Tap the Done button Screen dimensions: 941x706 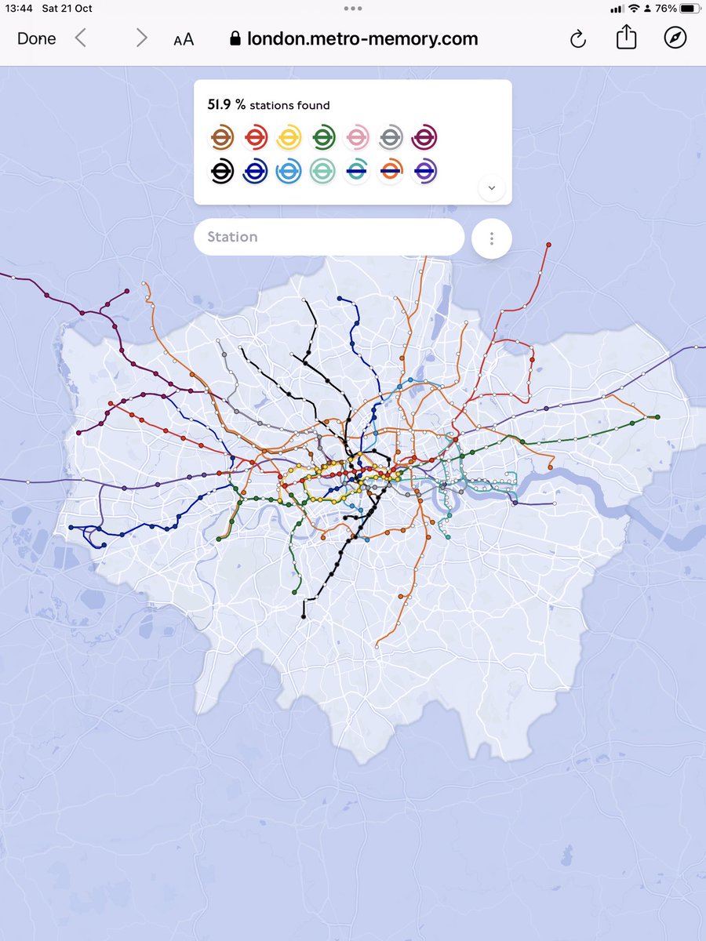tap(36, 39)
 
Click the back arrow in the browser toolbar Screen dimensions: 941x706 tap(81, 38)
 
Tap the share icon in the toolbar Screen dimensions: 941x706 tap(626, 38)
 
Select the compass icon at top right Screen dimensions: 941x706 tap(675, 38)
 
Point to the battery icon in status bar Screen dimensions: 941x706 tap(687, 9)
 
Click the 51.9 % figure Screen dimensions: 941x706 tap(226, 104)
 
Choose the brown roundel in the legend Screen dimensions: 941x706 tap(223, 138)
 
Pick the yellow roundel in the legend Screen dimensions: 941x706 tap(289, 138)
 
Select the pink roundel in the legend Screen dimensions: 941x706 tap(357, 138)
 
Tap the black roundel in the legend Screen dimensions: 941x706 tap(223, 171)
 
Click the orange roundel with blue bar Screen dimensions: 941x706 tap(391, 171)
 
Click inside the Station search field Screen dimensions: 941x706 tap(329, 237)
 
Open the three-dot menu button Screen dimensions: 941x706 tap(492, 238)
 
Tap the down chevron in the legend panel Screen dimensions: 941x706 tap(492, 187)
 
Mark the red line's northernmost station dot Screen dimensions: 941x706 tap(548, 245)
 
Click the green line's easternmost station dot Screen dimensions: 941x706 tap(657, 417)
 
